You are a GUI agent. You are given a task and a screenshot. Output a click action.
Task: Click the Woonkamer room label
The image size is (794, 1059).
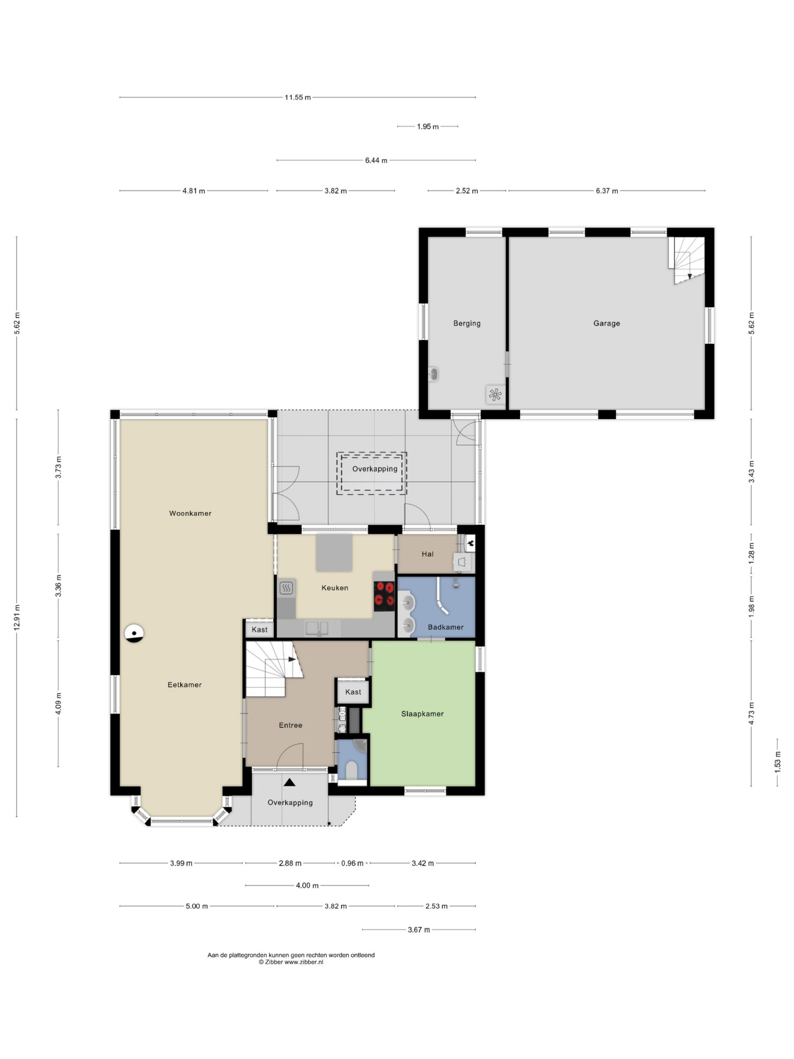click(190, 513)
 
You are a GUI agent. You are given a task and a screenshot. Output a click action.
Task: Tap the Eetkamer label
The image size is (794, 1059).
click(184, 685)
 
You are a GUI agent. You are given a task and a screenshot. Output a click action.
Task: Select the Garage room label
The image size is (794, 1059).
click(606, 323)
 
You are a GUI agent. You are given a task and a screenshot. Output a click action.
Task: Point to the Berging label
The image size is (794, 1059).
click(466, 323)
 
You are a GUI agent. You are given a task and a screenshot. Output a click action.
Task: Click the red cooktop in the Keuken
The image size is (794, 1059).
click(384, 596)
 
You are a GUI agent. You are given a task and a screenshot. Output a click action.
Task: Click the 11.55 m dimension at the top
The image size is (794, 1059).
click(297, 97)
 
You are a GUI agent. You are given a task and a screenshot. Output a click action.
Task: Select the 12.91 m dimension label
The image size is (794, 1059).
click(17, 617)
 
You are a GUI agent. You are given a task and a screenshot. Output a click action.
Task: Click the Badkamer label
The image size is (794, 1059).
click(445, 627)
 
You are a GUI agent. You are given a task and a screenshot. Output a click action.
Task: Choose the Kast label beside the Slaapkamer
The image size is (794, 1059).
click(353, 692)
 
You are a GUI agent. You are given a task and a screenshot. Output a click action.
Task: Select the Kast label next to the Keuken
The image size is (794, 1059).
click(259, 630)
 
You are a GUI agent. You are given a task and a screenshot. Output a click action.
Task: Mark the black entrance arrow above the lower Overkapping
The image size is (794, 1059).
click(289, 782)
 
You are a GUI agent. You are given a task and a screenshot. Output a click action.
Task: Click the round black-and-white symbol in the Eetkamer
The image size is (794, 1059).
click(134, 633)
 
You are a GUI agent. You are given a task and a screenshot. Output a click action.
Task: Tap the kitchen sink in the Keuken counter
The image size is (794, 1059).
click(317, 628)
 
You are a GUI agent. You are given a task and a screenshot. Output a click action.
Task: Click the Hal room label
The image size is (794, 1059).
click(427, 554)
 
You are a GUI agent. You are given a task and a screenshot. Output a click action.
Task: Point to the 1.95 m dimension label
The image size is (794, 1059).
click(427, 127)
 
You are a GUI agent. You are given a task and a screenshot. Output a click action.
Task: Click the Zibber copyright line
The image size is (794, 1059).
click(291, 962)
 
